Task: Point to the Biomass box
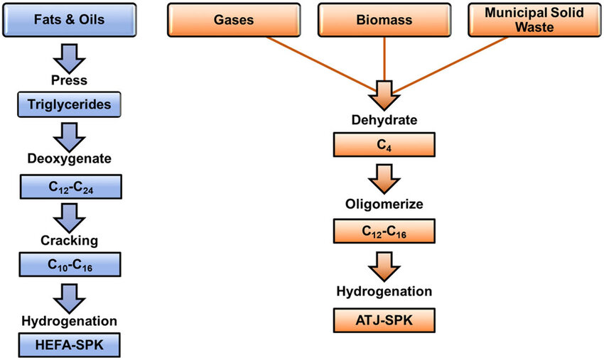pos(384,21)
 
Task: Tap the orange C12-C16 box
pos(384,232)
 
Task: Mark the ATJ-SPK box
pos(384,321)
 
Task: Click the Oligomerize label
pos(384,204)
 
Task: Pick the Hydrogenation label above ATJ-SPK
pos(384,292)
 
